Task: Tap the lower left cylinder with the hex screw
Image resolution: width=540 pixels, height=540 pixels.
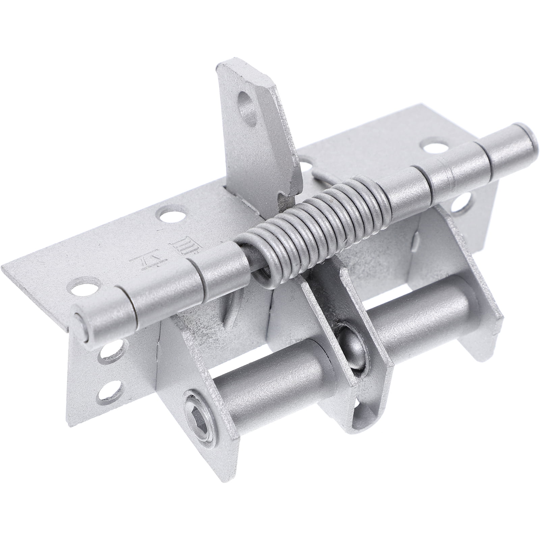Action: [267, 388]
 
